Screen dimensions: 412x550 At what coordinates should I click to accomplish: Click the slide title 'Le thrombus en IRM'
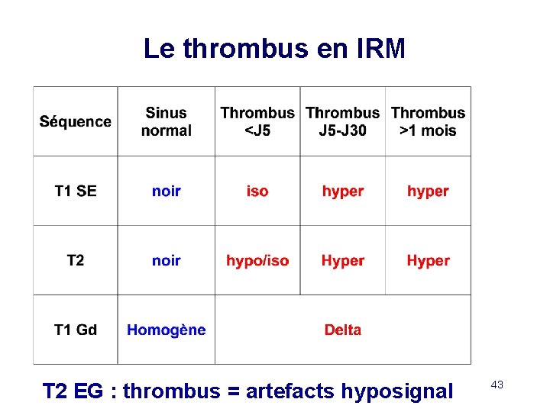coord(274,49)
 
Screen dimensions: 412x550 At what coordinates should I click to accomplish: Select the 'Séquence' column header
coord(76,122)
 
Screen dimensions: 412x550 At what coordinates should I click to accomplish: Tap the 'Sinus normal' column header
coord(166,122)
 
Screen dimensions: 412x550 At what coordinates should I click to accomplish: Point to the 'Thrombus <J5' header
coord(257,122)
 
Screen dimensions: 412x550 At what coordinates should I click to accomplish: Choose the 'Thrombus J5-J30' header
coord(342,122)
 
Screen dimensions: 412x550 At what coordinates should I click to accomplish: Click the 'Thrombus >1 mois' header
coord(428,122)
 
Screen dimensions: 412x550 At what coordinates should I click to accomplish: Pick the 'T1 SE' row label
coord(76,191)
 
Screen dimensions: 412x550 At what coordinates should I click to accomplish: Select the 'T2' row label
coord(76,260)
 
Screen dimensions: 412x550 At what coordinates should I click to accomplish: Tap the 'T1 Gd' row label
coord(76,330)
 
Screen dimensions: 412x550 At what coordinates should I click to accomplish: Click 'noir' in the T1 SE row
coord(166,191)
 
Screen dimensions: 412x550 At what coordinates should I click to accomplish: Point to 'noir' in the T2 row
coord(166,260)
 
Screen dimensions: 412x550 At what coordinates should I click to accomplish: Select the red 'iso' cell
coord(257,191)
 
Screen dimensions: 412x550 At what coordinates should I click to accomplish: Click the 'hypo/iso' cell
coord(257,260)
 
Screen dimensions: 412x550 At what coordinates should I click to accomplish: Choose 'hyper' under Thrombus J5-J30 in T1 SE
coord(342,191)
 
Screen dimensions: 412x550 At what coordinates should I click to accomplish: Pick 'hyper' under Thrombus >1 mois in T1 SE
coord(428,191)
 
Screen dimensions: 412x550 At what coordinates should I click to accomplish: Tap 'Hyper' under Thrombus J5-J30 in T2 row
coord(342,260)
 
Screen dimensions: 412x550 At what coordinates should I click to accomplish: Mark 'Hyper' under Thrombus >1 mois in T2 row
coord(428,260)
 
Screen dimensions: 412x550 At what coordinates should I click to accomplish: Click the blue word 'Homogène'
coord(166,330)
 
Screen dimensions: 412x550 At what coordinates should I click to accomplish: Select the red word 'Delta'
coord(342,330)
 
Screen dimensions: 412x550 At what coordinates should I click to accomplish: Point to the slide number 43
coord(497,385)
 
